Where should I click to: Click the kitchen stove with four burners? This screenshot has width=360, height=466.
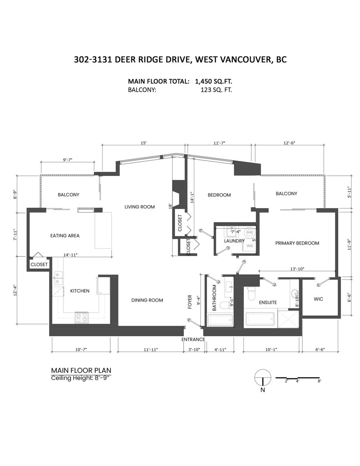click(x=82, y=318)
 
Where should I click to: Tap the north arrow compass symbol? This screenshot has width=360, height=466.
click(x=263, y=377)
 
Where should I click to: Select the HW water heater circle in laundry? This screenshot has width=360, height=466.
click(x=249, y=232)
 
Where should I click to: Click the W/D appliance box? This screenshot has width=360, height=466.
click(x=249, y=246)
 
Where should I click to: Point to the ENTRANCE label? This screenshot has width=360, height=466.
click(x=193, y=339)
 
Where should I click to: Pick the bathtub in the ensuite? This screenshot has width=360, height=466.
click(x=260, y=320)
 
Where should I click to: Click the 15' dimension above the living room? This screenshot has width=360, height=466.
click(x=143, y=143)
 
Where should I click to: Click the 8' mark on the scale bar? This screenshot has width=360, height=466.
click(x=319, y=381)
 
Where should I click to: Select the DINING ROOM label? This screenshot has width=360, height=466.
click(x=147, y=300)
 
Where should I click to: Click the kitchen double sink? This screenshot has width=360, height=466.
click(x=59, y=278)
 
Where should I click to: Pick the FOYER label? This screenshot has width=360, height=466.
click(x=190, y=302)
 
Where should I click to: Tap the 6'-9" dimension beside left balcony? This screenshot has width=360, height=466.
click(x=15, y=194)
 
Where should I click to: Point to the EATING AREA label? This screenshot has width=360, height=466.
click(x=65, y=235)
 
